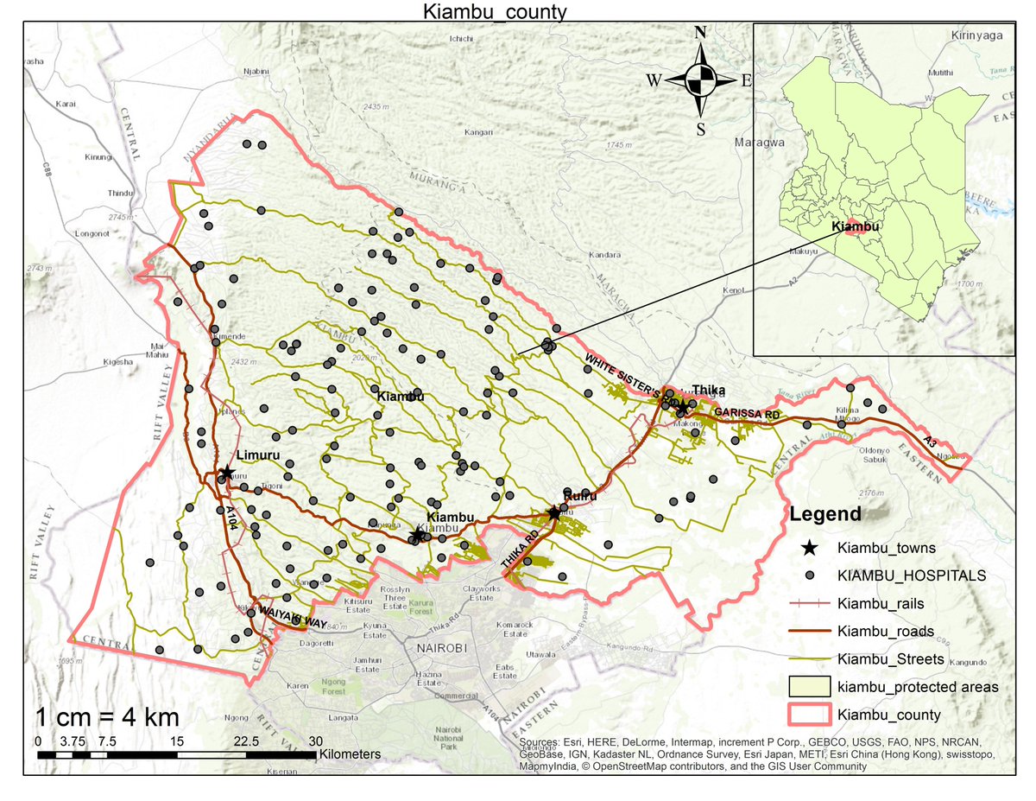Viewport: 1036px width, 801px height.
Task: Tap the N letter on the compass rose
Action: point(701,33)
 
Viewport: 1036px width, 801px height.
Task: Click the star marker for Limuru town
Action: point(226,473)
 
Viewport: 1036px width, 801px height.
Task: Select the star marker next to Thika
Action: point(681,406)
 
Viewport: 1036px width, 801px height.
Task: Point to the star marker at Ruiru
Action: point(553,512)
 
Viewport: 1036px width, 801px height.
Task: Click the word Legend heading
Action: point(825,515)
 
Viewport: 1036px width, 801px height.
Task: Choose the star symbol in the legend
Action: point(809,548)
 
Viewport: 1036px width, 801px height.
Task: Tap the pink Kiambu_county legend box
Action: point(809,715)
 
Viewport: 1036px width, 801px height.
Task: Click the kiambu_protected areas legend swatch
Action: point(809,686)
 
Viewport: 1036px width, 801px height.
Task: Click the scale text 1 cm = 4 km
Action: point(107,717)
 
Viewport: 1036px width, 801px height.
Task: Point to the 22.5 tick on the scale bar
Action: point(246,741)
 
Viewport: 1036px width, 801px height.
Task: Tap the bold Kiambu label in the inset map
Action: point(856,226)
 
